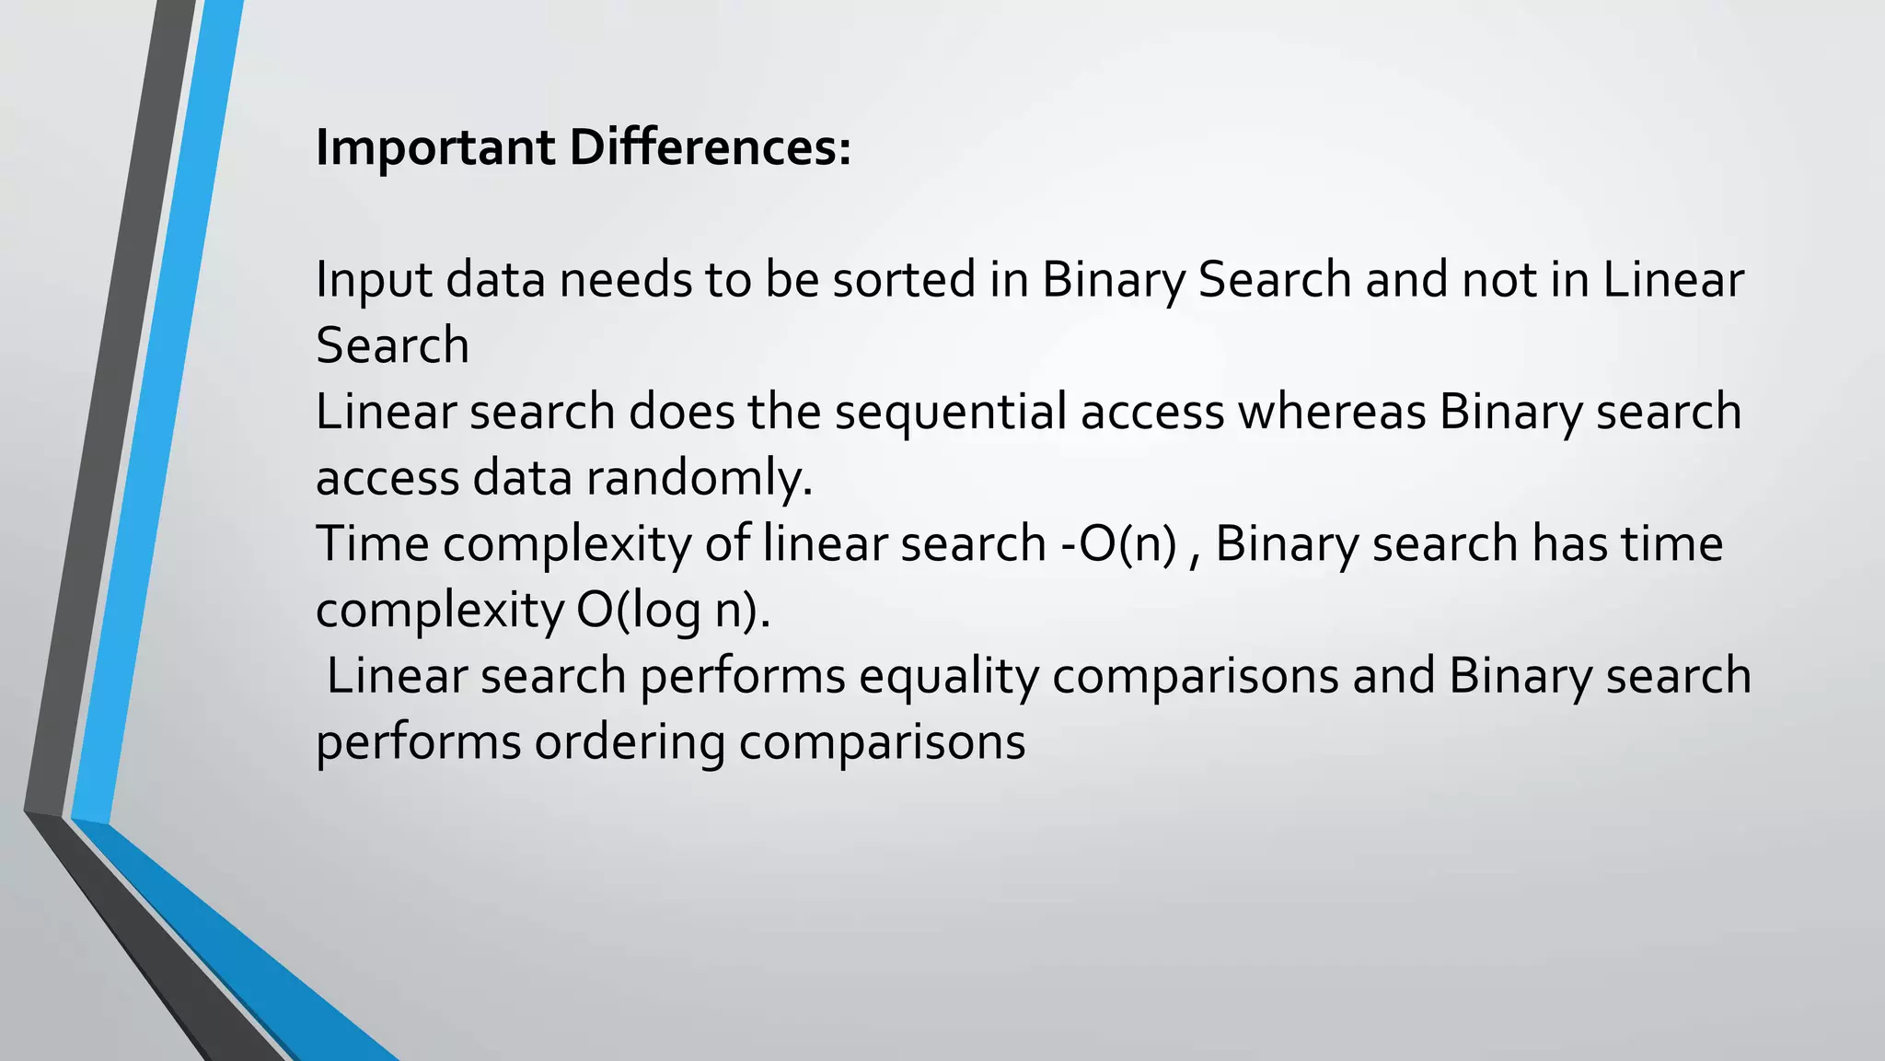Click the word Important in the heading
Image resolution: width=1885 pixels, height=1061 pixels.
coord(434,147)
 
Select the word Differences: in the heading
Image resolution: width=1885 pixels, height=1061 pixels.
coord(710,147)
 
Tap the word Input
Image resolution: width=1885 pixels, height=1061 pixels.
coord(374,280)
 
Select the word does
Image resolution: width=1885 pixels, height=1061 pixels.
coord(681,412)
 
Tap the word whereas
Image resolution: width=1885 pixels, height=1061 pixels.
coord(1331,412)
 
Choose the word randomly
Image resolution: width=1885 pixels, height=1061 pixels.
coord(699,479)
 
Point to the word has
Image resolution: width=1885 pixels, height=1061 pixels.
coord(1568,543)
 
